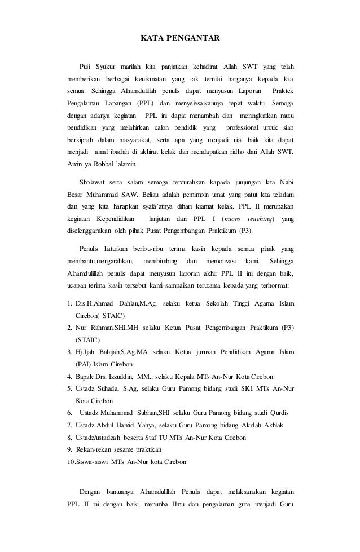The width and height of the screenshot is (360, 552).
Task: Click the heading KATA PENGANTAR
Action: coord(179,39)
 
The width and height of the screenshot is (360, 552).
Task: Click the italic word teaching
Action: coord(260,218)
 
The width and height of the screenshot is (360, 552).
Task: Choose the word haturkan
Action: coord(115,249)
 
